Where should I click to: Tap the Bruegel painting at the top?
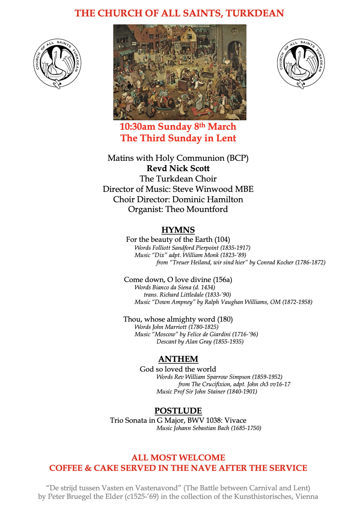coord(180,72)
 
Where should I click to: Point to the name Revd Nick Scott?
coord(178,168)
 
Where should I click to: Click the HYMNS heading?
coord(178,230)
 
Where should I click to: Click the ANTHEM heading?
coord(178,359)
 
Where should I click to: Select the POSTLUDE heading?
coord(178,411)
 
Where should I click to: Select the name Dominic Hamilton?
coord(208,199)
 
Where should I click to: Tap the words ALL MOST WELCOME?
coord(178,458)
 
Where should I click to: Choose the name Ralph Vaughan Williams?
coord(236,302)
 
